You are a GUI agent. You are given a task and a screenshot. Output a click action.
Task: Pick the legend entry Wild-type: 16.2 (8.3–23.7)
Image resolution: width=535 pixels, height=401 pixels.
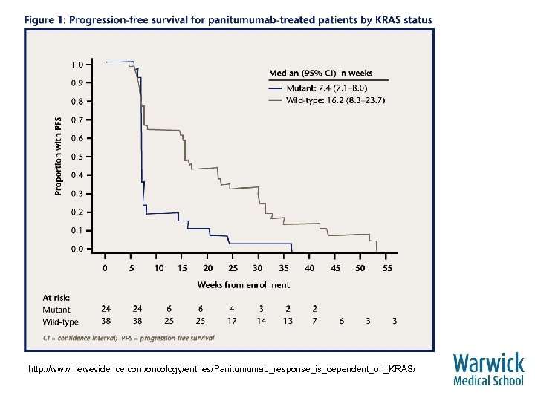(x=335, y=100)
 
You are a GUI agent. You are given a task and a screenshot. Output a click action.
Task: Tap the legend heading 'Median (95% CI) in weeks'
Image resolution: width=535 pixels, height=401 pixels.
(x=320, y=73)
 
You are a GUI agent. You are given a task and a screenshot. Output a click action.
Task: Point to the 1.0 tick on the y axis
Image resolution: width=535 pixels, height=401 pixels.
(x=77, y=64)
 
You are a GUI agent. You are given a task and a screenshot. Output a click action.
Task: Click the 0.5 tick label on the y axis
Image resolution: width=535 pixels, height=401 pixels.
(x=77, y=157)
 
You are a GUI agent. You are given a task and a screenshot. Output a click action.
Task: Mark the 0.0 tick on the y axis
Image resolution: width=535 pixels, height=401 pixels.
(x=77, y=250)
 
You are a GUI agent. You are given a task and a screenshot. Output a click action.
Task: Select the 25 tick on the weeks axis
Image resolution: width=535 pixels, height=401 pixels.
(x=233, y=268)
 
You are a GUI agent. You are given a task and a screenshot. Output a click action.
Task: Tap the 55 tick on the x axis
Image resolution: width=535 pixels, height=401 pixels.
(x=387, y=268)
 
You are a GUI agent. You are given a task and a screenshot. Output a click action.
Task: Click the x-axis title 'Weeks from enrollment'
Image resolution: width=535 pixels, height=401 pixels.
(x=243, y=284)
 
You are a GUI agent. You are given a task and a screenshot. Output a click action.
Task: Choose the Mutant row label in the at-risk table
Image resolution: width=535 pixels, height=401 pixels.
(x=56, y=310)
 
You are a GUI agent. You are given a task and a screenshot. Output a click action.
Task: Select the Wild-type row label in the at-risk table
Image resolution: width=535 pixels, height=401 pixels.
(x=60, y=322)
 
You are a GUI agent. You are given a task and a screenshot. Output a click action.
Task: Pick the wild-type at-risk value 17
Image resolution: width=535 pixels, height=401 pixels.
(x=233, y=321)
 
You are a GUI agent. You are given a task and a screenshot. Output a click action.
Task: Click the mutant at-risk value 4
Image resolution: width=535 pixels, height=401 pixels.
(x=233, y=309)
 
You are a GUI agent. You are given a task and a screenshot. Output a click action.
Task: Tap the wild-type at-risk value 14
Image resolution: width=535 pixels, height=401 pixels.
(x=260, y=321)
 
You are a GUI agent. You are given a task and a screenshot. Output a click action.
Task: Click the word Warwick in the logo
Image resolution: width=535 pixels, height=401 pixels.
(x=488, y=364)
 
